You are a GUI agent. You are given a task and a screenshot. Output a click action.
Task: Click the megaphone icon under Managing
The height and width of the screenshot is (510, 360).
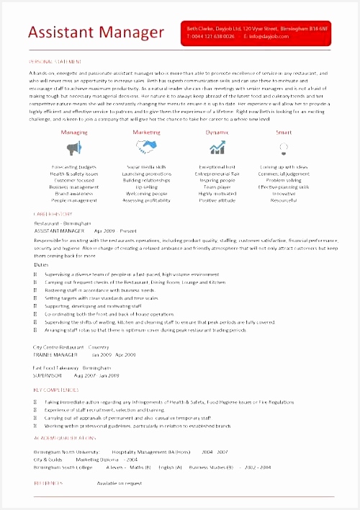pos(74,148)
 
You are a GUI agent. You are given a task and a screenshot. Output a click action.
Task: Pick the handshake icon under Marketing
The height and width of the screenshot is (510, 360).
pos(146,147)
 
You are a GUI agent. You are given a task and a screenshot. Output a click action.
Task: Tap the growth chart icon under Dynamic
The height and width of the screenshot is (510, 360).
pos(217,148)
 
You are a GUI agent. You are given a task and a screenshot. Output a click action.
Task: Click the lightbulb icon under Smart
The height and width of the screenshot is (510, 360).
pos(284,148)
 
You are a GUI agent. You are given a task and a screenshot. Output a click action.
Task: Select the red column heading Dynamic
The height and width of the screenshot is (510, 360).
pos(217,133)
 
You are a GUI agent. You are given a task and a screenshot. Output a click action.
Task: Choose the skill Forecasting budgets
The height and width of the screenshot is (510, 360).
pos(74,167)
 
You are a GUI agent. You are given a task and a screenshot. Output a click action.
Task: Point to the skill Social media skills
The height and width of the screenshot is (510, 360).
pos(146,167)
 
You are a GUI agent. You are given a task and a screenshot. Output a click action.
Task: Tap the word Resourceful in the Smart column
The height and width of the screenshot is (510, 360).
pos(284,200)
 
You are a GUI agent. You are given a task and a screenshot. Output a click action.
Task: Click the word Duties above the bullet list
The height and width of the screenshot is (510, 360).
pos(41,264)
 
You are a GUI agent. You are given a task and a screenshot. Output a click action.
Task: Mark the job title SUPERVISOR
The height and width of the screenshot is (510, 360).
pos(49,375)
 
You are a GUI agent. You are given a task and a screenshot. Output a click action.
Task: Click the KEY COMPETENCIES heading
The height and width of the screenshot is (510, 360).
pos(55,390)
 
